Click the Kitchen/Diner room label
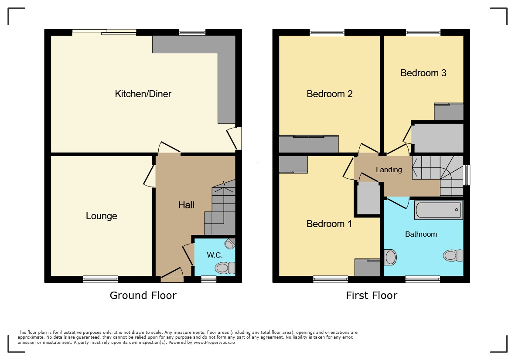tap(143, 94)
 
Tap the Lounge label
tap(102, 216)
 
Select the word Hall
tap(186, 205)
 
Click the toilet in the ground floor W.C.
tap(225, 268)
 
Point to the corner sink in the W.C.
tap(230, 244)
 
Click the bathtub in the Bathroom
tap(439, 210)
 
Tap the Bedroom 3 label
tap(423, 73)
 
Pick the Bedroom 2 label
tap(329, 94)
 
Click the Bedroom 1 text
tap(329, 224)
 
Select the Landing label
tap(389, 170)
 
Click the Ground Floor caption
tap(143, 295)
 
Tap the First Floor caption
tap(372, 295)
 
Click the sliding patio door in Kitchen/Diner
tap(104, 32)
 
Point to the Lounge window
tap(100, 279)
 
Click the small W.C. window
tap(209, 279)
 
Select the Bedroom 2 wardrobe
tap(309, 144)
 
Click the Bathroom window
tap(423, 279)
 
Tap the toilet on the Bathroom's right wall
tap(453, 255)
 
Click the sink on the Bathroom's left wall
tap(390, 257)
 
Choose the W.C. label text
tap(215, 255)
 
